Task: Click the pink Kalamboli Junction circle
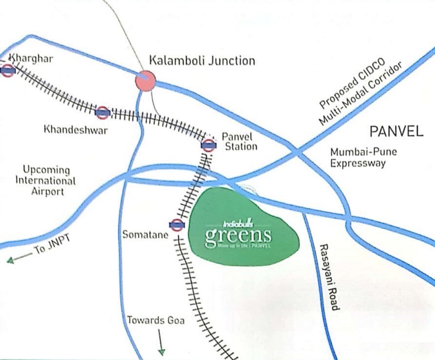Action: [x=145, y=80]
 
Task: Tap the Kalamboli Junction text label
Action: [x=202, y=61]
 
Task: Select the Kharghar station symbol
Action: [x=7, y=71]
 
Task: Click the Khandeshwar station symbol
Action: [x=102, y=113]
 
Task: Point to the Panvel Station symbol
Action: [x=208, y=145]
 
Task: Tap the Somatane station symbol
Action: [x=177, y=225]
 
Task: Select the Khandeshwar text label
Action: [x=76, y=130]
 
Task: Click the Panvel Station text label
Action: [x=239, y=141]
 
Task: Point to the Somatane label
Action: [x=145, y=235]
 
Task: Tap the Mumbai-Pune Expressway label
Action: [x=363, y=157]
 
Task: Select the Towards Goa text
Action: [x=156, y=321]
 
